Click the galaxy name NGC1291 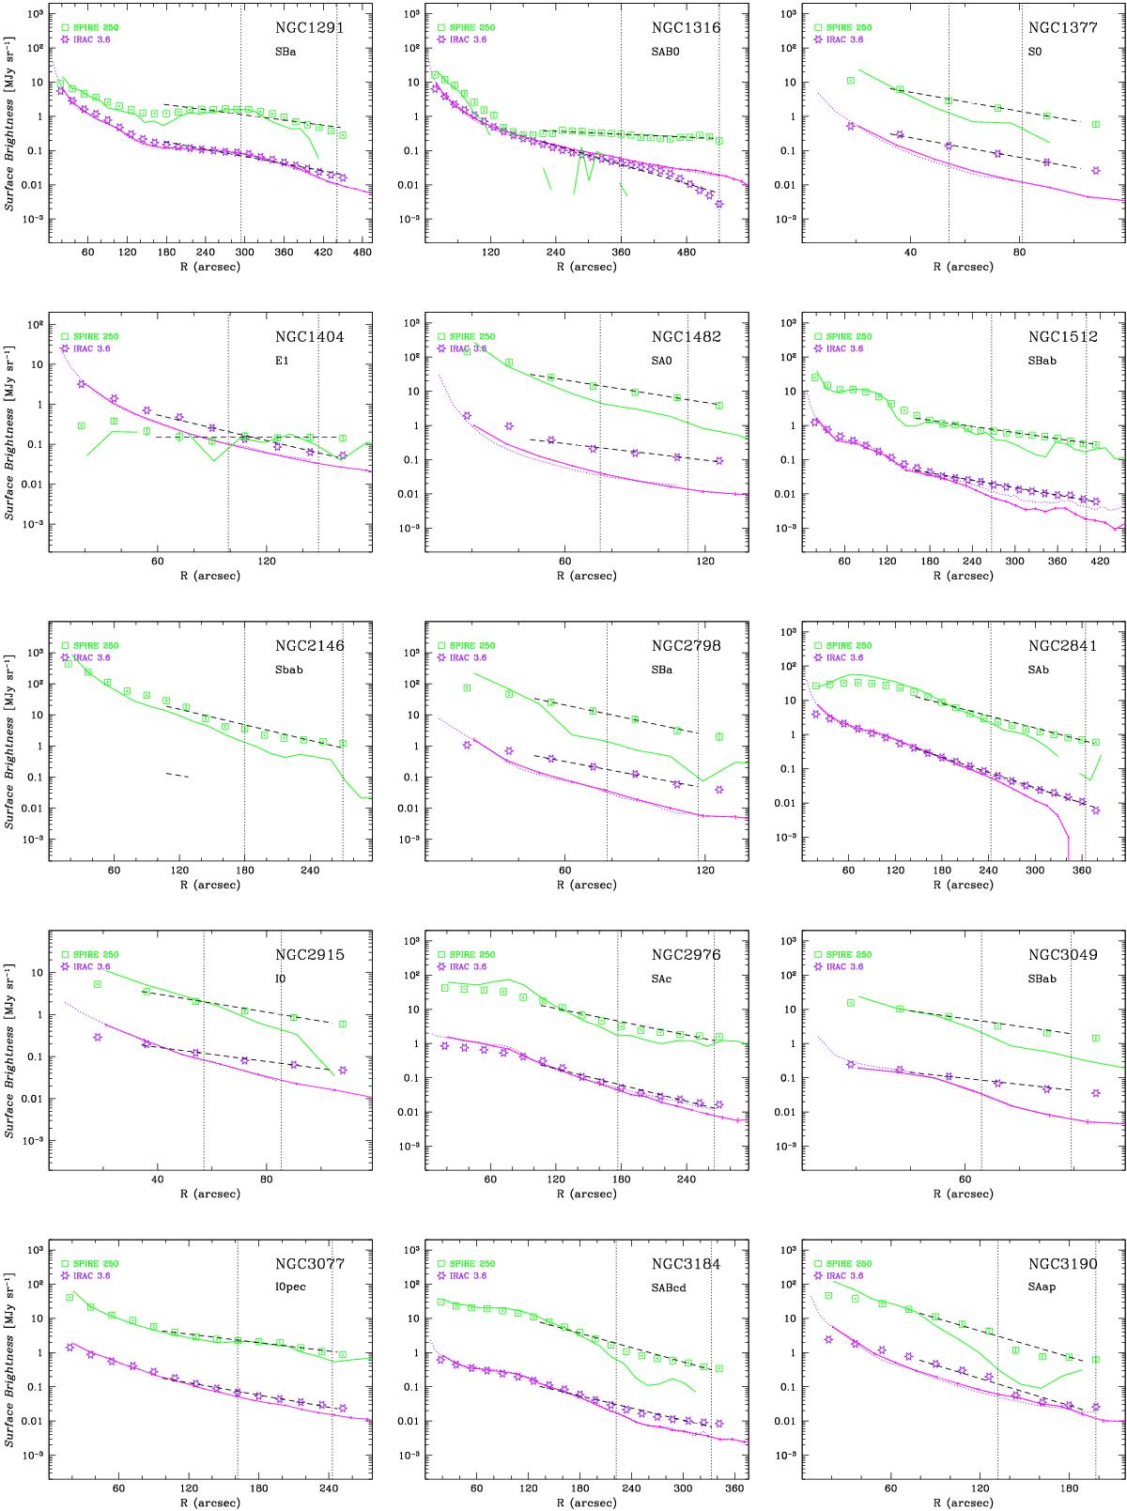point(309,28)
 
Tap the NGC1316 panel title point(686,28)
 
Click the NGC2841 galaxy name point(1062,646)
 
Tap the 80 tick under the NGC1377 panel point(1019,253)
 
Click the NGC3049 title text point(1062,955)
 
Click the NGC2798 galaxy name point(686,646)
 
